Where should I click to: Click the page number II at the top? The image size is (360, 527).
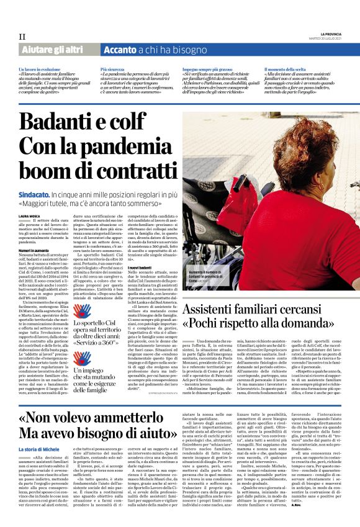tap(22, 37)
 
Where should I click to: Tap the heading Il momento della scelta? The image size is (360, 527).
tap(286, 69)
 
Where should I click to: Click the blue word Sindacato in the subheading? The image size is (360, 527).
tap(35, 195)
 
